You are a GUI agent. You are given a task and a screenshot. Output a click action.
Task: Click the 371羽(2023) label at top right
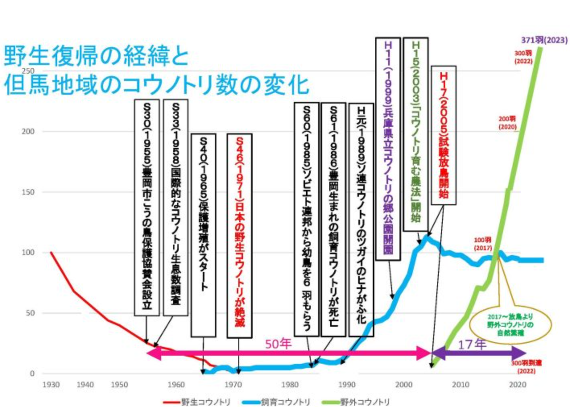pyautogui.click(x=544, y=40)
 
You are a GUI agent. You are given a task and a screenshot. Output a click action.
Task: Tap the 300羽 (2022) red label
pyautogui.click(x=523, y=57)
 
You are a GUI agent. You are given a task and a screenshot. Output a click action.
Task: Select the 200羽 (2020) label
pyautogui.click(x=507, y=123)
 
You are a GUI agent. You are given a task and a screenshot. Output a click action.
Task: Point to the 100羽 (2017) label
pyautogui.click(x=483, y=244)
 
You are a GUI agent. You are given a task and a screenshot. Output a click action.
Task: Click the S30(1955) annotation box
pyautogui.click(x=147, y=208)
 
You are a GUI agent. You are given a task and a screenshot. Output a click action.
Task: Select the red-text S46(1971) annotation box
pyautogui.click(x=240, y=236)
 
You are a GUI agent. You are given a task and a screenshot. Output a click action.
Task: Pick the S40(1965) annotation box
pyautogui.click(x=203, y=236)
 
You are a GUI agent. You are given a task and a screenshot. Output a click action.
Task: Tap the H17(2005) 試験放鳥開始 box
pyautogui.click(x=443, y=135)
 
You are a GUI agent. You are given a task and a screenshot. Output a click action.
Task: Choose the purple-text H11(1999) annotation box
pyautogui.click(x=388, y=149)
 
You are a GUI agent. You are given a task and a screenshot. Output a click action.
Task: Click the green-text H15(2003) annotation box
pyautogui.click(x=416, y=135)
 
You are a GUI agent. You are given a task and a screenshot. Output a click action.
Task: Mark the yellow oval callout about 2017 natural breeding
pyautogui.click(x=510, y=325)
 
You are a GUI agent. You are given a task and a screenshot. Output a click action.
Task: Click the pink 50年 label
pyautogui.click(x=278, y=344)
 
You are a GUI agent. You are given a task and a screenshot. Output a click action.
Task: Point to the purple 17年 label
pyautogui.click(x=472, y=345)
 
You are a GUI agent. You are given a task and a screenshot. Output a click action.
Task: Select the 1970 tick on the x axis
pyautogui.click(x=233, y=384)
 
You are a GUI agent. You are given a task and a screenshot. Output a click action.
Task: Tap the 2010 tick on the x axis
pyautogui.click(x=460, y=384)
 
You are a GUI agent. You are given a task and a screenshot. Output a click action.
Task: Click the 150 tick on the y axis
pyautogui.click(x=28, y=192)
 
